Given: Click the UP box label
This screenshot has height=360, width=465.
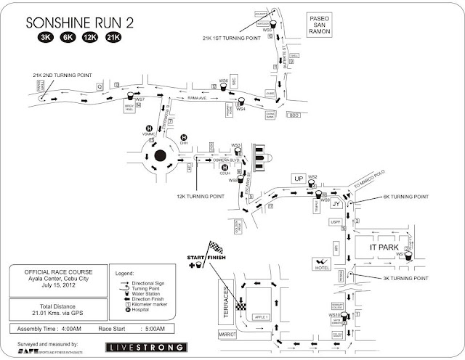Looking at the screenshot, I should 296,179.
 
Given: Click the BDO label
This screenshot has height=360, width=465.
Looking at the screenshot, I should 294,116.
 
